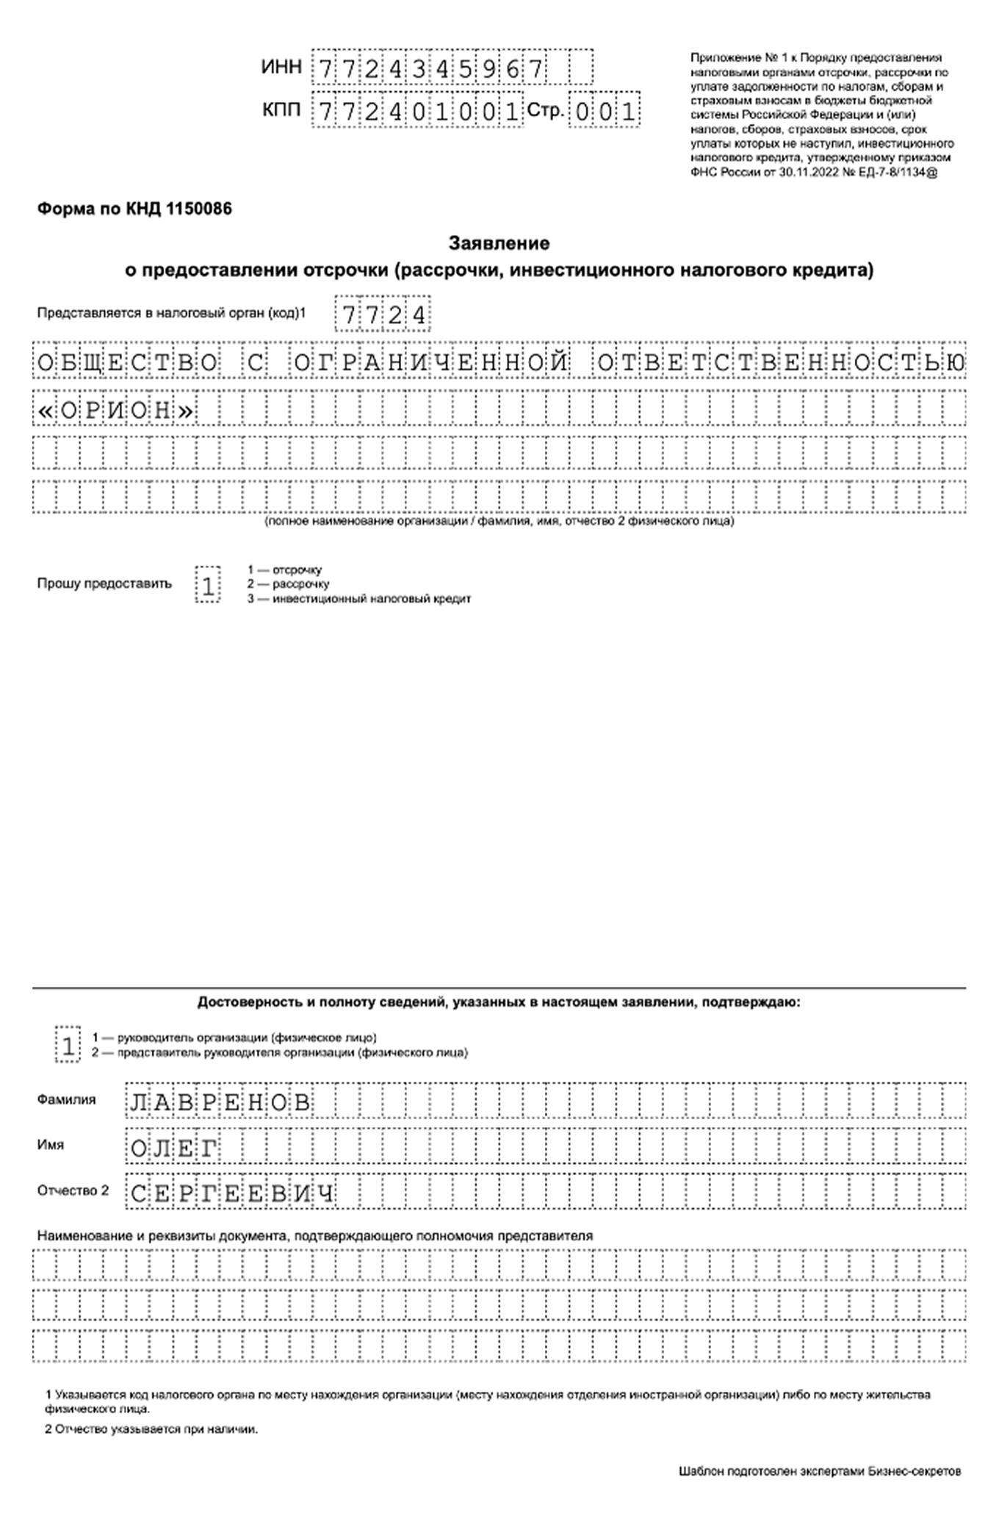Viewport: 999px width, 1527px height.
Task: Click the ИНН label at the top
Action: pyautogui.click(x=281, y=68)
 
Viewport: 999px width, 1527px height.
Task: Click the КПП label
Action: pyautogui.click(x=281, y=111)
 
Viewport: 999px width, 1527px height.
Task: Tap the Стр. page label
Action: pyautogui.click(x=545, y=111)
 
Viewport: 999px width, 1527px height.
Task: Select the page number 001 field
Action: pyautogui.click(x=605, y=112)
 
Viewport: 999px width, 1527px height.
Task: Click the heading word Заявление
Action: pyautogui.click(x=499, y=242)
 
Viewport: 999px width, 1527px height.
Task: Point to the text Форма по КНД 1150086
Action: pyautogui.click(x=134, y=209)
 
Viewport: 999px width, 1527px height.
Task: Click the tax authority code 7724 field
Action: pyautogui.click(x=383, y=315)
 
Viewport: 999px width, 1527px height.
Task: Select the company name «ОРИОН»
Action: pyautogui.click(x=115, y=410)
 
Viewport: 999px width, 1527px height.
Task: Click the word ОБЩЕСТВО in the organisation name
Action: pyautogui.click(x=128, y=362)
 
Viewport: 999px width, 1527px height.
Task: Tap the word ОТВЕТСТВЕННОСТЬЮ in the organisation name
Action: pyautogui.click(x=781, y=362)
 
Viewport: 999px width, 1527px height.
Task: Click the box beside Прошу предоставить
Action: pyautogui.click(x=208, y=586)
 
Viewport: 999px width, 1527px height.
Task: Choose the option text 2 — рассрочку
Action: pyautogui.click(x=288, y=584)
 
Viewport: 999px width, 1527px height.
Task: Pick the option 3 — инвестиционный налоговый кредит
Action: pyautogui.click(x=359, y=599)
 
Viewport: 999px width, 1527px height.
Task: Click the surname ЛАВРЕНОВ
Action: pyautogui.click(x=220, y=1102)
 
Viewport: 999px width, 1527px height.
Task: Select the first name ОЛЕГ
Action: pyautogui.click(x=174, y=1148)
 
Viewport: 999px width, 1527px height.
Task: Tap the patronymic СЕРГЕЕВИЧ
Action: pyautogui.click(x=232, y=1193)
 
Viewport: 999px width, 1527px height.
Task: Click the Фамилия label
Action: pyautogui.click(x=66, y=1100)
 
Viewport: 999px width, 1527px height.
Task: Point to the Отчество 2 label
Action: pyautogui.click(x=73, y=1190)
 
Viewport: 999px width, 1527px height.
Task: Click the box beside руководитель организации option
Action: pyautogui.click(x=68, y=1045)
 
